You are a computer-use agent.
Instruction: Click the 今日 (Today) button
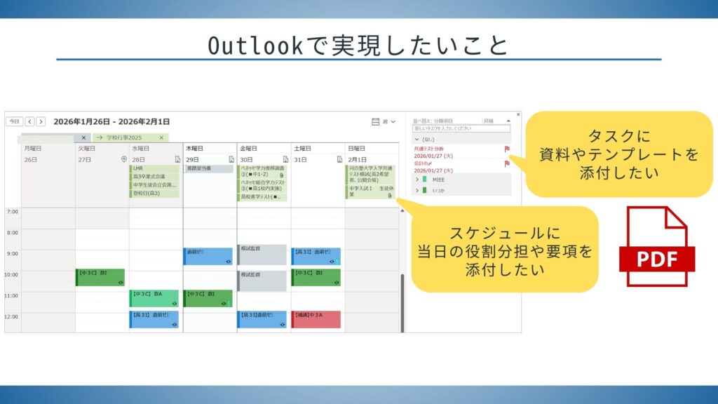coord(14,121)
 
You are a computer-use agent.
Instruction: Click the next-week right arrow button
coord(41,121)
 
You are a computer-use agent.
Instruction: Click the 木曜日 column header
coord(196,149)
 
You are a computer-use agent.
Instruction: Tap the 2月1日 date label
coord(357,159)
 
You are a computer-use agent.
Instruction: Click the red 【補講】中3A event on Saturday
coord(316,319)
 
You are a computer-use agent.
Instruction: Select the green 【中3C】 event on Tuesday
coord(100,277)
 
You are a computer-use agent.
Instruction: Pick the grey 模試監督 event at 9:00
coord(262,254)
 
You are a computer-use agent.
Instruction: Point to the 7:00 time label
coord(12,211)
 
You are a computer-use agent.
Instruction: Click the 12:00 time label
coord(12,317)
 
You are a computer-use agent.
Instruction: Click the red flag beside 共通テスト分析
coord(507,149)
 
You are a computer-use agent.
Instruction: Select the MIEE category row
coord(463,180)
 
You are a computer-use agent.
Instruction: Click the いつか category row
coord(463,190)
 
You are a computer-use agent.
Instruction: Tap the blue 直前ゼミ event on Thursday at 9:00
coord(207,256)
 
